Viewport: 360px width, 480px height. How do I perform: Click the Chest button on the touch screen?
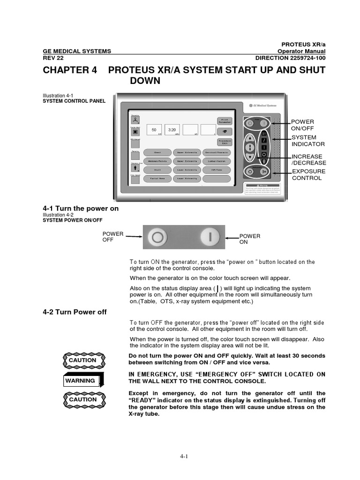point(157,152)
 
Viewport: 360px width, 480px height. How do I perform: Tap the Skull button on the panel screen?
point(157,170)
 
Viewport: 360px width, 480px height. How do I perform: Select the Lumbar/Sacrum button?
point(217,161)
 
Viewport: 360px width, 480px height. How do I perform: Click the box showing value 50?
point(154,130)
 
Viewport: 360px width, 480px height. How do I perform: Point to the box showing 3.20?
point(172,130)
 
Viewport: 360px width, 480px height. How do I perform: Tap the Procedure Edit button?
point(225,142)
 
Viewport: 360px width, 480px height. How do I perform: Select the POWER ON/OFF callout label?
point(302,125)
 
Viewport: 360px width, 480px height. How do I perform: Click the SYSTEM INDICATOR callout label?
point(307,141)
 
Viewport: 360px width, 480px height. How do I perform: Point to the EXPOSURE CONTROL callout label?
point(307,174)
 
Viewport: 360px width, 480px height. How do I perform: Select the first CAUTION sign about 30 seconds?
point(82,360)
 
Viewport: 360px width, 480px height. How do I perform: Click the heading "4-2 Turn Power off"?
point(75,312)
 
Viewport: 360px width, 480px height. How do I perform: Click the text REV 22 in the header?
point(53,58)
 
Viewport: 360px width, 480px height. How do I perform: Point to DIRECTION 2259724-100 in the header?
point(290,58)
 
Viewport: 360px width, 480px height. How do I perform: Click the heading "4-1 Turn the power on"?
point(81,208)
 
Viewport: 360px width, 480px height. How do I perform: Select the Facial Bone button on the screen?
point(157,179)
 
